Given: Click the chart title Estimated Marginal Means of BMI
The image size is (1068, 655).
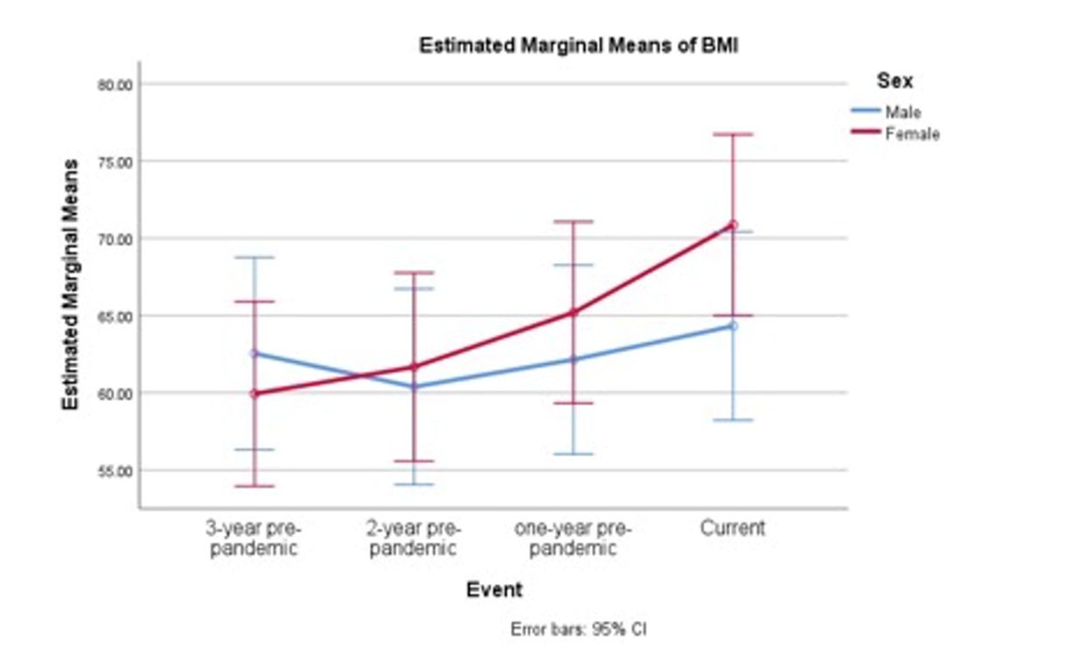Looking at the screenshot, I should (578, 45).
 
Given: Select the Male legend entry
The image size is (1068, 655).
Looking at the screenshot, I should (902, 112).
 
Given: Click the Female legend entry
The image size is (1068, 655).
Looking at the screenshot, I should (911, 134).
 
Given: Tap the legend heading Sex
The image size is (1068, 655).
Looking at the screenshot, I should (894, 81).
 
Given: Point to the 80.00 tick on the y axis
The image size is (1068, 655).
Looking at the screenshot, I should (114, 85).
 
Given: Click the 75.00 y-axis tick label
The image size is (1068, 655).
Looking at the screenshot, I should (114, 162).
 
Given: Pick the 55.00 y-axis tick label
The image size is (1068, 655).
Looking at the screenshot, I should (114, 470).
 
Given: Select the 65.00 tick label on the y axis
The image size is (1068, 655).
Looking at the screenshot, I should (114, 316).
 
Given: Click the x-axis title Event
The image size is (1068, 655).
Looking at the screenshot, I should (494, 589).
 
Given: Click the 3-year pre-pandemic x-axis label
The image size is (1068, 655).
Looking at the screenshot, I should (253, 539).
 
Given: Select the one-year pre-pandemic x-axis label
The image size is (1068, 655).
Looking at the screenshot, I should (573, 539).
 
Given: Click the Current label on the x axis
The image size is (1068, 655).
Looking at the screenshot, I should (733, 528).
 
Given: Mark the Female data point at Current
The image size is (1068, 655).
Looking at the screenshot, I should (733, 225).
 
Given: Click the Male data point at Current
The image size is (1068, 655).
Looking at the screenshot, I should (733, 325).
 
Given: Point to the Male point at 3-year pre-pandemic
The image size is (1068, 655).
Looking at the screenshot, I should (254, 353).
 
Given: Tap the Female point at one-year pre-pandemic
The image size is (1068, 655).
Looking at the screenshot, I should (574, 311).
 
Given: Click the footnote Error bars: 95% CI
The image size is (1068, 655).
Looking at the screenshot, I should (578, 629).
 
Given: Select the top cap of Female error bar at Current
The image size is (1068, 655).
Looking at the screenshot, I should (733, 134).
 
